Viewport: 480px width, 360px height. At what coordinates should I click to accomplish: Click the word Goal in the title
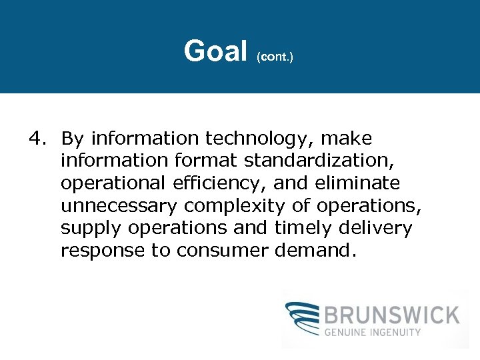(x=215, y=51)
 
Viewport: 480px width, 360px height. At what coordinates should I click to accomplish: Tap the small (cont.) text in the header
(x=275, y=57)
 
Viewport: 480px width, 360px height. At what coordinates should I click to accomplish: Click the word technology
(x=261, y=139)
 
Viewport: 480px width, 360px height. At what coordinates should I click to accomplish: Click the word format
(x=209, y=161)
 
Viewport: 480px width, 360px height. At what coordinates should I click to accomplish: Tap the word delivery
(x=376, y=229)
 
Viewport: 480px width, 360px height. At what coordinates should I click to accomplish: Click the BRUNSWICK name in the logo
(x=392, y=315)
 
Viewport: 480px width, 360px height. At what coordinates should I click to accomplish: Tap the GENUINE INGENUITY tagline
(x=373, y=332)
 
